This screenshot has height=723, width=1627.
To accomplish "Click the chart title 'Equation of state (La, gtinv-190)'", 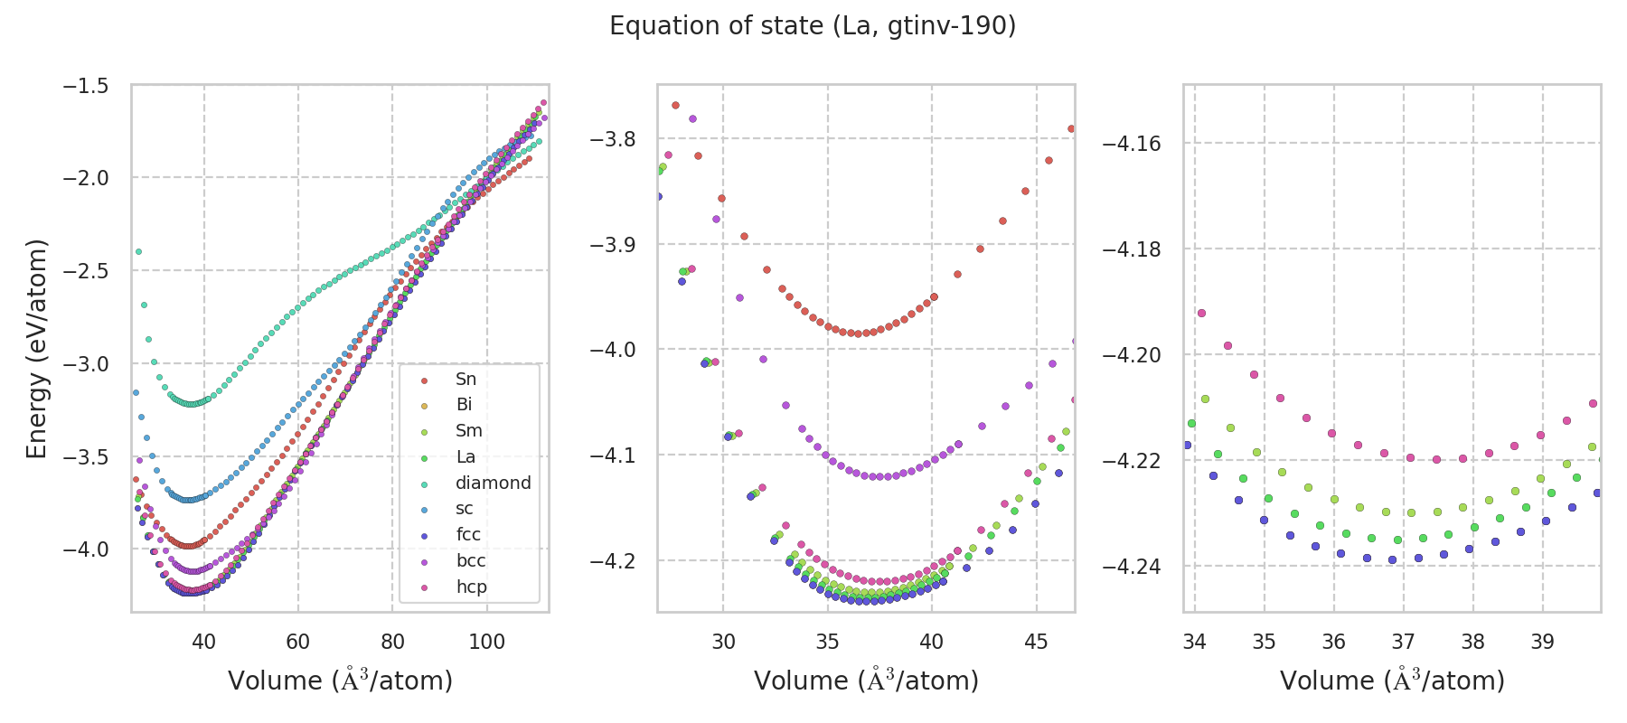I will point(813,26).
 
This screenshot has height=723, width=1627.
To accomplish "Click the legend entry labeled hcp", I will point(471,587).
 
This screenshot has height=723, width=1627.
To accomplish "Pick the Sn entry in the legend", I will point(466,379).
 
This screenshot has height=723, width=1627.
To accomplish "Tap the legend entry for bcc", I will point(471,560).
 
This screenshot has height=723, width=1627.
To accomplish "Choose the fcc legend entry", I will point(468,534).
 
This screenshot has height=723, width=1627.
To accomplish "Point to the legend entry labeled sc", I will point(465,509).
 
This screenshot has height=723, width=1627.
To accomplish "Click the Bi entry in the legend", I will point(464,405).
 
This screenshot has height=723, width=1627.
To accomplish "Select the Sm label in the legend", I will point(468,431).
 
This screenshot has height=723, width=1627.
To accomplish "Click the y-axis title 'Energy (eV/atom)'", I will point(36,348).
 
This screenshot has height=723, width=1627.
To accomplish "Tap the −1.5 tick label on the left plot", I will point(85,86).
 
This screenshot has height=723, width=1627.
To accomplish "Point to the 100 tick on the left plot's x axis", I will point(486,642).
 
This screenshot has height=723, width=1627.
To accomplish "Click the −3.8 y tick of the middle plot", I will point(613,139).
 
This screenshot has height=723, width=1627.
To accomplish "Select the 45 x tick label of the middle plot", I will point(1036,642).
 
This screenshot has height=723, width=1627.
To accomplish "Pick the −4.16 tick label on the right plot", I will point(1132,144).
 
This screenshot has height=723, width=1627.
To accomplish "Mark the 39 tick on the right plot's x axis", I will point(1542,642).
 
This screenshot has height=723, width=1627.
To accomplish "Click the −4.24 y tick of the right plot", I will point(1132,567).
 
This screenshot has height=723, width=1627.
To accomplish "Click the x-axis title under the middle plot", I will point(866,681).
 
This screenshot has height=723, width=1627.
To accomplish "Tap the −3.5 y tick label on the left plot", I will point(85,456).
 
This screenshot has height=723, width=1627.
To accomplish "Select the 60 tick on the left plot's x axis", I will point(298,642).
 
